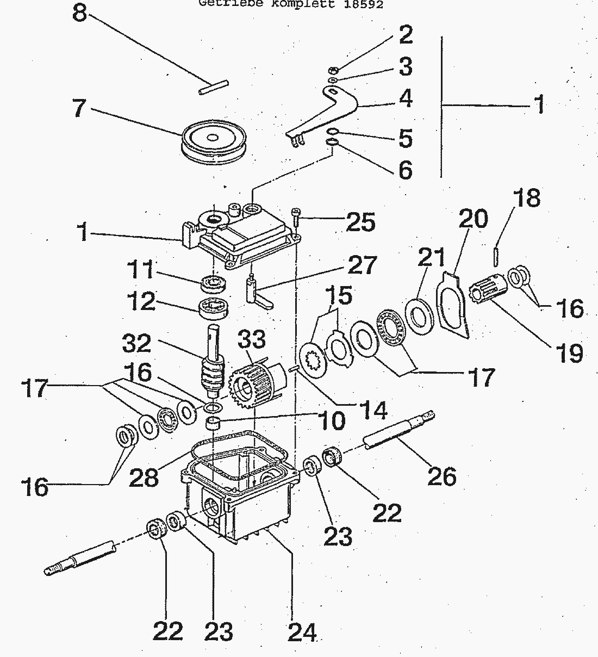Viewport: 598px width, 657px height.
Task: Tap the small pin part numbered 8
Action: tap(214, 88)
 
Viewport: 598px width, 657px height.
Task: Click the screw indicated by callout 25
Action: tap(296, 216)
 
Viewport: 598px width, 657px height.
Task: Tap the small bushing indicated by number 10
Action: tap(214, 423)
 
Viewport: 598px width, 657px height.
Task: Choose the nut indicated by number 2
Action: tap(334, 70)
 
